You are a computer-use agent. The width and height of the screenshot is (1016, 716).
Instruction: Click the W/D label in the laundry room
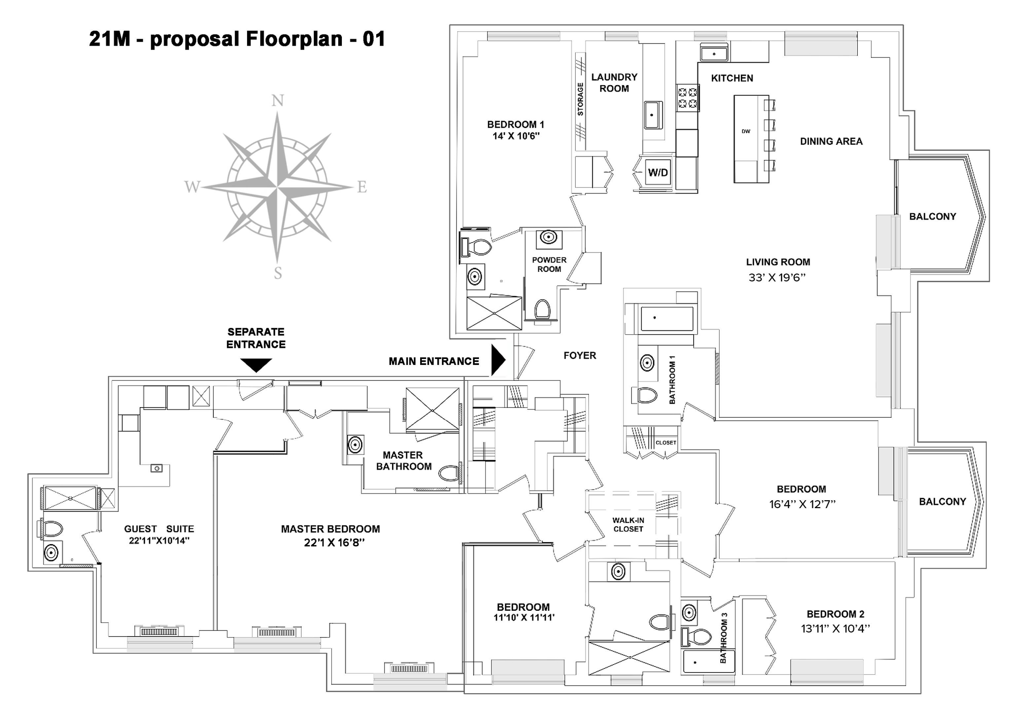(658, 172)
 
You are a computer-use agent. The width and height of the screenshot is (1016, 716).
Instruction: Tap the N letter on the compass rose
(278, 100)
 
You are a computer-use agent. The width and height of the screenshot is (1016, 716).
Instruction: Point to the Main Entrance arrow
(498, 361)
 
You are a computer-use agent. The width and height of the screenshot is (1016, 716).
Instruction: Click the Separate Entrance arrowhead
(256, 365)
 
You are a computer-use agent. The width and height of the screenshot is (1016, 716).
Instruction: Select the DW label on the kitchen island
(746, 131)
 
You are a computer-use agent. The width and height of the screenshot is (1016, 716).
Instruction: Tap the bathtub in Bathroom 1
(667, 318)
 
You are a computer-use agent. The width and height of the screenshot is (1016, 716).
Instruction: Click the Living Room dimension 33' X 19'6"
(777, 277)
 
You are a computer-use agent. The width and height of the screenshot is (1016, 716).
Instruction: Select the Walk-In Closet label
(628, 525)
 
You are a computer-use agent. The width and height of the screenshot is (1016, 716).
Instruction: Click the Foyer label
(580, 356)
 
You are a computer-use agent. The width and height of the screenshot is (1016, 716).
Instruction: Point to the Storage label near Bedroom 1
(580, 99)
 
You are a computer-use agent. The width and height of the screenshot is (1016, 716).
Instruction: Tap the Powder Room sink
(549, 237)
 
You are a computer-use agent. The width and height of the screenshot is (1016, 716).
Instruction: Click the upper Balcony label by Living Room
(932, 216)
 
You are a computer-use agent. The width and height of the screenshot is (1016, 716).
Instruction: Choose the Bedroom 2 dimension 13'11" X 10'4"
(835, 629)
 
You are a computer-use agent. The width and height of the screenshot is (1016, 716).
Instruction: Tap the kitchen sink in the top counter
(714, 53)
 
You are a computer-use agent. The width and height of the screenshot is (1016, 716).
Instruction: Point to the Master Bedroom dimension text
(334, 543)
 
